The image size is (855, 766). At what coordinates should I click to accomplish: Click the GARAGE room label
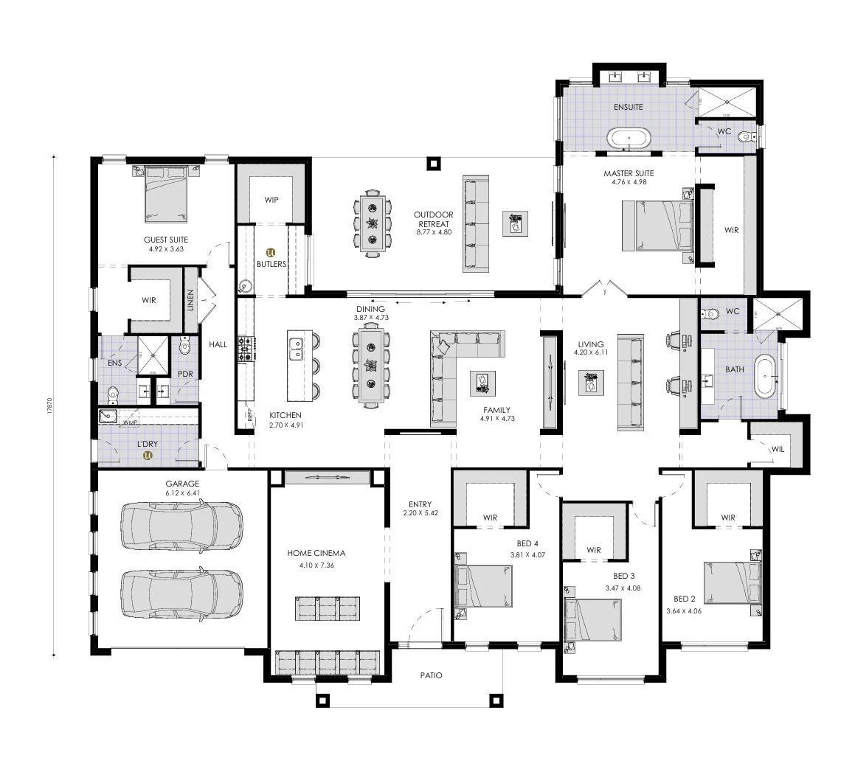(x=182, y=484)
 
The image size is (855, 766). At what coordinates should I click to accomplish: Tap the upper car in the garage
(x=181, y=525)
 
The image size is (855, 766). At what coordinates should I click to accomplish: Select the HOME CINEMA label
(x=318, y=553)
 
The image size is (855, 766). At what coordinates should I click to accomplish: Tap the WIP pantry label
(x=271, y=200)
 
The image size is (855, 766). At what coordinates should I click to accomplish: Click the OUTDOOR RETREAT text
(x=433, y=219)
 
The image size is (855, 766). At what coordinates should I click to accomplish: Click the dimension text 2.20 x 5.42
(x=420, y=512)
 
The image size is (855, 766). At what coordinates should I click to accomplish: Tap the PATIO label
(x=431, y=675)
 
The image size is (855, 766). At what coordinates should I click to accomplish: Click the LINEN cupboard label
(x=190, y=300)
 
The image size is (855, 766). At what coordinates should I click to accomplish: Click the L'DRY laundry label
(x=148, y=445)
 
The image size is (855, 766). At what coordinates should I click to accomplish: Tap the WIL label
(x=778, y=449)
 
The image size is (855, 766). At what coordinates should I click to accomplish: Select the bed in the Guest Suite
(x=165, y=193)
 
